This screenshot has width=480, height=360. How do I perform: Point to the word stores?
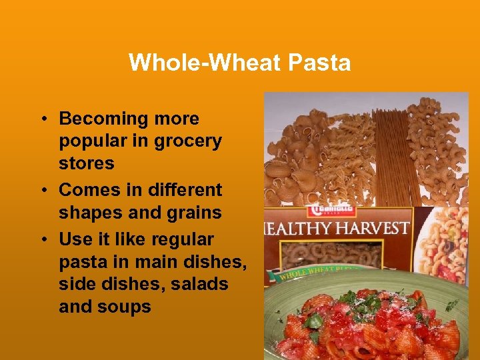pyautogui.click(x=87, y=163)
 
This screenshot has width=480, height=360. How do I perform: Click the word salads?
pyautogui.click(x=200, y=284)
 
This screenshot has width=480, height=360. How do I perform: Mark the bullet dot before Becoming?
pyautogui.click(x=42, y=119)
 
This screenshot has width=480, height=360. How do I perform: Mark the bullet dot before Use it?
pyautogui.click(x=42, y=239)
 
